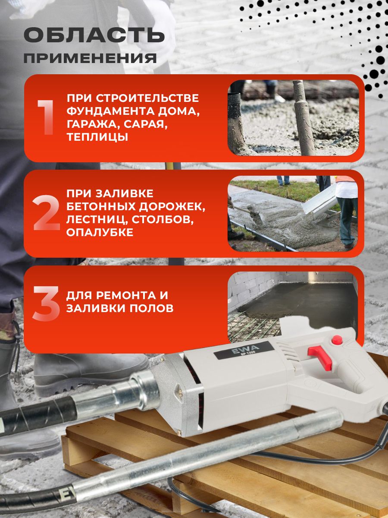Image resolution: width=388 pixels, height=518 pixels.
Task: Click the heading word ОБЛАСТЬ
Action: pos(94,35)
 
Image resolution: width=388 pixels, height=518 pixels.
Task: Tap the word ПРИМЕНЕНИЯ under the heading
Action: pos(90,58)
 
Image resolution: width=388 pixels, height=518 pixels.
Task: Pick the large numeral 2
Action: pos(47,212)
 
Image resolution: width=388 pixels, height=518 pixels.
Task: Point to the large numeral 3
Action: pos(46,303)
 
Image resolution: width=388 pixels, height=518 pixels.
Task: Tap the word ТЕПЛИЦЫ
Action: pos(97,137)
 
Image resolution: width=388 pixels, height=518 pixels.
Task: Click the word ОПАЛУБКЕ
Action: pos(100,232)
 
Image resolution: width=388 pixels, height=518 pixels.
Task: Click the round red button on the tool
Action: pos(337,340)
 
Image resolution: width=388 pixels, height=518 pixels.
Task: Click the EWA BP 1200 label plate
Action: pos(244,350)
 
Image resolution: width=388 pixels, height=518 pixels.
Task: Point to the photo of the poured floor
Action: pos(292,307)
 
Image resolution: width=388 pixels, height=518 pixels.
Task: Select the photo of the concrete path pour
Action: pos(292,214)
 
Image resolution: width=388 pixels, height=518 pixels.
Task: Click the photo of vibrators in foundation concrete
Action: pos(293,118)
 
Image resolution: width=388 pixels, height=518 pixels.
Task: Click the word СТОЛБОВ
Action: pos(163,219)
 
